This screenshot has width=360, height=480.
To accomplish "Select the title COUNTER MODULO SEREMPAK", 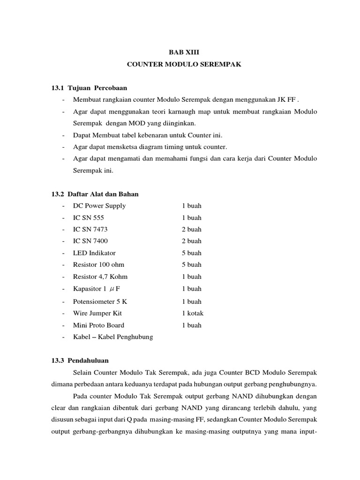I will pyautogui.click(x=184, y=65).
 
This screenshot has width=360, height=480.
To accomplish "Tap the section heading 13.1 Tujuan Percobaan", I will pyautogui.click(x=89, y=88).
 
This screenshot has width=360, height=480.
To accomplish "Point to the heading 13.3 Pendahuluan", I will pyautogui.click(x=80, y=360).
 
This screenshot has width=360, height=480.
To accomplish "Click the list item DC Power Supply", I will pyautogui.click(x=99, y=206).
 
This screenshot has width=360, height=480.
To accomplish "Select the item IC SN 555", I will pyautogui.click(x=89, y=217).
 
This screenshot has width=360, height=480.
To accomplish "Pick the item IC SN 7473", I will pyautogui.click(x=90, y=229).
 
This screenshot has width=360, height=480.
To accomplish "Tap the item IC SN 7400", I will pyautogui.click(x=90, y=241).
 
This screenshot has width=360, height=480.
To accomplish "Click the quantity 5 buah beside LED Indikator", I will pyautogui.click(x=192, y=253).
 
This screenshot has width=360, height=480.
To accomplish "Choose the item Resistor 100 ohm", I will pyautogui.click(x=98, y=265).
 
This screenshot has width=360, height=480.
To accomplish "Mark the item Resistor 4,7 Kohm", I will pyautogui.click(x=100, y=277).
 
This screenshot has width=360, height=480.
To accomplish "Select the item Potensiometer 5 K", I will pyautogui.click(x=100, y=301).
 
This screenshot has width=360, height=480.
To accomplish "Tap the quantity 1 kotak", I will pyautogui.click(x=193, y=313).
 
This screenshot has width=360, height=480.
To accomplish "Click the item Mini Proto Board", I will pyautogui.click(x=98, y=325).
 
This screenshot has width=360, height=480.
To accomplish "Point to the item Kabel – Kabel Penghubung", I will pyautogui.click(x=113, y=337).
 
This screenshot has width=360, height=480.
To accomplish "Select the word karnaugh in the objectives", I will pyautogui.click(x=185, y=112).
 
